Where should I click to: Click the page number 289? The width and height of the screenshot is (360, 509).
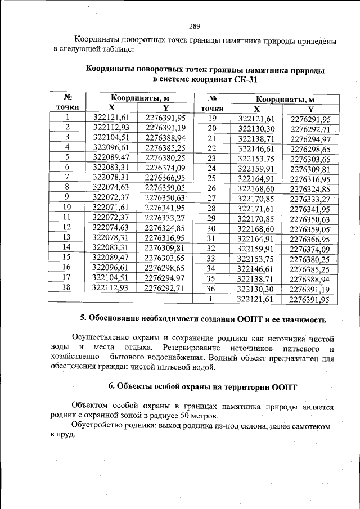pyautogui.click(x=195, y=26)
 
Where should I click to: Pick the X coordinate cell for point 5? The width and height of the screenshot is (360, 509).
pyautogui.click(x=111, y=157)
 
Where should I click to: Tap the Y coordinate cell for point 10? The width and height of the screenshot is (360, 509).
pyautogui.click(x=165, y=208)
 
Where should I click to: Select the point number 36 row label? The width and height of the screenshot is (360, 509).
pyautogui.click(x=211, y=289)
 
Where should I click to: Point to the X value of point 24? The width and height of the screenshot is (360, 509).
pyautogui.click(x=256, y=168)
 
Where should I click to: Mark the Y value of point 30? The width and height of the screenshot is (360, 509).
pyautogui.click(x=310, y=229)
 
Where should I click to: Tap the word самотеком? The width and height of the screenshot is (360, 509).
pyautogui.click(x=309, y=426)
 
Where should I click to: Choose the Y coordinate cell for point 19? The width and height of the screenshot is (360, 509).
pyautogui.click(x=310, y=119)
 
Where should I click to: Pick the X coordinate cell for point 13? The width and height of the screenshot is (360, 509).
pyautogui.click(x=111, y=237)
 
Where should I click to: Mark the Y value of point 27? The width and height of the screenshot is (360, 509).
pyautogui.click(x=310, y=199)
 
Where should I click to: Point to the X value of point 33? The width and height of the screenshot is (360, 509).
pyautogui.click(x=256, y=259)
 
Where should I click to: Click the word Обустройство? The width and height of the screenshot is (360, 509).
pyautogui.click(x=98, y=426)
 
